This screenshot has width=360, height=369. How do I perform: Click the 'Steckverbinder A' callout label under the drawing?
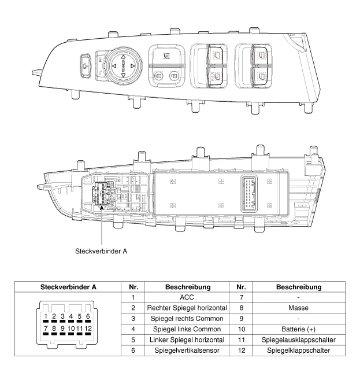coord(101,251)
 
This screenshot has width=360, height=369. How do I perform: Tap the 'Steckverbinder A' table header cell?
coord(68,287)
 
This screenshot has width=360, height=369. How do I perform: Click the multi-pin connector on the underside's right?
coord(246,193)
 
